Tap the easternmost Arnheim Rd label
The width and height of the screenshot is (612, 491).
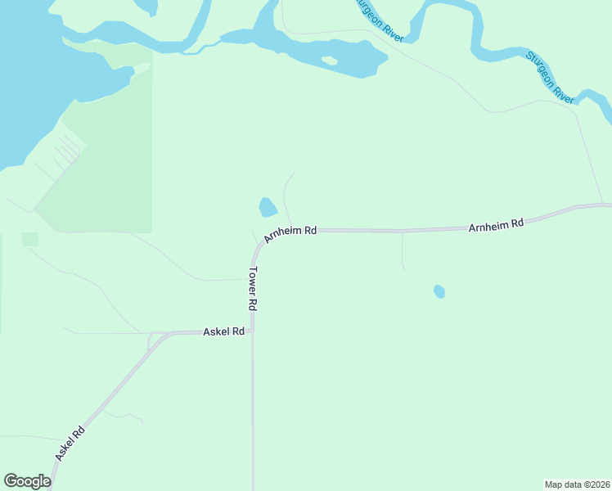496,224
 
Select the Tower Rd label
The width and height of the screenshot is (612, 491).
254,289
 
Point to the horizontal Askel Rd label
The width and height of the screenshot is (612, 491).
224,332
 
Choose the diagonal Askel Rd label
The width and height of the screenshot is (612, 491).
70,444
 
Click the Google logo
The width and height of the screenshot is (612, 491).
27,481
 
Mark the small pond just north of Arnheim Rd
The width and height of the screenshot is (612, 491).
268,207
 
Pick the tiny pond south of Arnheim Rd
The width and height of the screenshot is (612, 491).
439,291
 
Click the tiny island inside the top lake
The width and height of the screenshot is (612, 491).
329,60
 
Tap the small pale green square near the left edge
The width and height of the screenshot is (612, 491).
30,239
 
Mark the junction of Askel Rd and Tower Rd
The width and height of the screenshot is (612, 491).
253,331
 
